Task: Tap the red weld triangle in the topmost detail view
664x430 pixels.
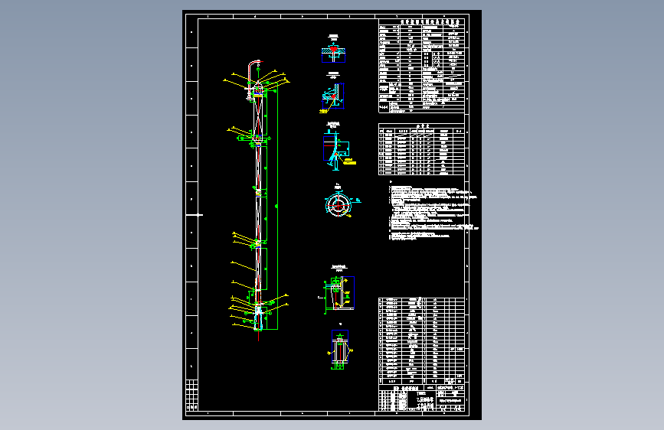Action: pos(333,51)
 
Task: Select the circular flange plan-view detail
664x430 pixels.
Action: pos(336,203)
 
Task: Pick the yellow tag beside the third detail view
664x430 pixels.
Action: pos(348,161)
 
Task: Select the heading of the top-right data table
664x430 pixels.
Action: pos(421,24)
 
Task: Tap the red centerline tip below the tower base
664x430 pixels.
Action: pos(259,337)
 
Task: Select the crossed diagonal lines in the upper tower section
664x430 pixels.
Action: pos(259,115)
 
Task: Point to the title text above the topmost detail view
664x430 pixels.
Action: pos(333,36)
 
